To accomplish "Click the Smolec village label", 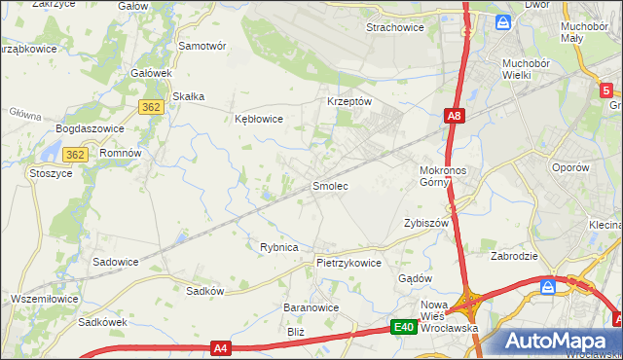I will [x=329, y=185].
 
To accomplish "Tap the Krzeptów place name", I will [x=349, y=101].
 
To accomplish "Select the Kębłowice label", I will [x=259, y=120].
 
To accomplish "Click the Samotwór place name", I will [x=202, y=46].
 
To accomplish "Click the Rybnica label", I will [x=278, y=248].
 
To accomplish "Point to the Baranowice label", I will [x=311, y=307].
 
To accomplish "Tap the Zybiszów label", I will [x=425, y=223].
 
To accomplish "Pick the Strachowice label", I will [x=394, y=27].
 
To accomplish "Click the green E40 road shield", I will [x=405, y=328].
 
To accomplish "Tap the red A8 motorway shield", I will [x=454, y=116].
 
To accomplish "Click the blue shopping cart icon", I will [x=548, y=287].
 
